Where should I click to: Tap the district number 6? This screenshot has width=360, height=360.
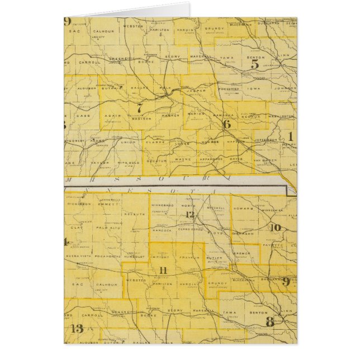226,124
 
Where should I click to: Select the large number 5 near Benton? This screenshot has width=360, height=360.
254,64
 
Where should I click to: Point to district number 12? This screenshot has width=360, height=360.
190,215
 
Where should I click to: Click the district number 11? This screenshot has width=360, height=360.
163,271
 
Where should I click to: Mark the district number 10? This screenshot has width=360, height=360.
275,227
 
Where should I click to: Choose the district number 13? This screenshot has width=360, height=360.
77,328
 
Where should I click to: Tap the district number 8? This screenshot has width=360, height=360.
269,321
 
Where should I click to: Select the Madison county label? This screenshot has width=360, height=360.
141,118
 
